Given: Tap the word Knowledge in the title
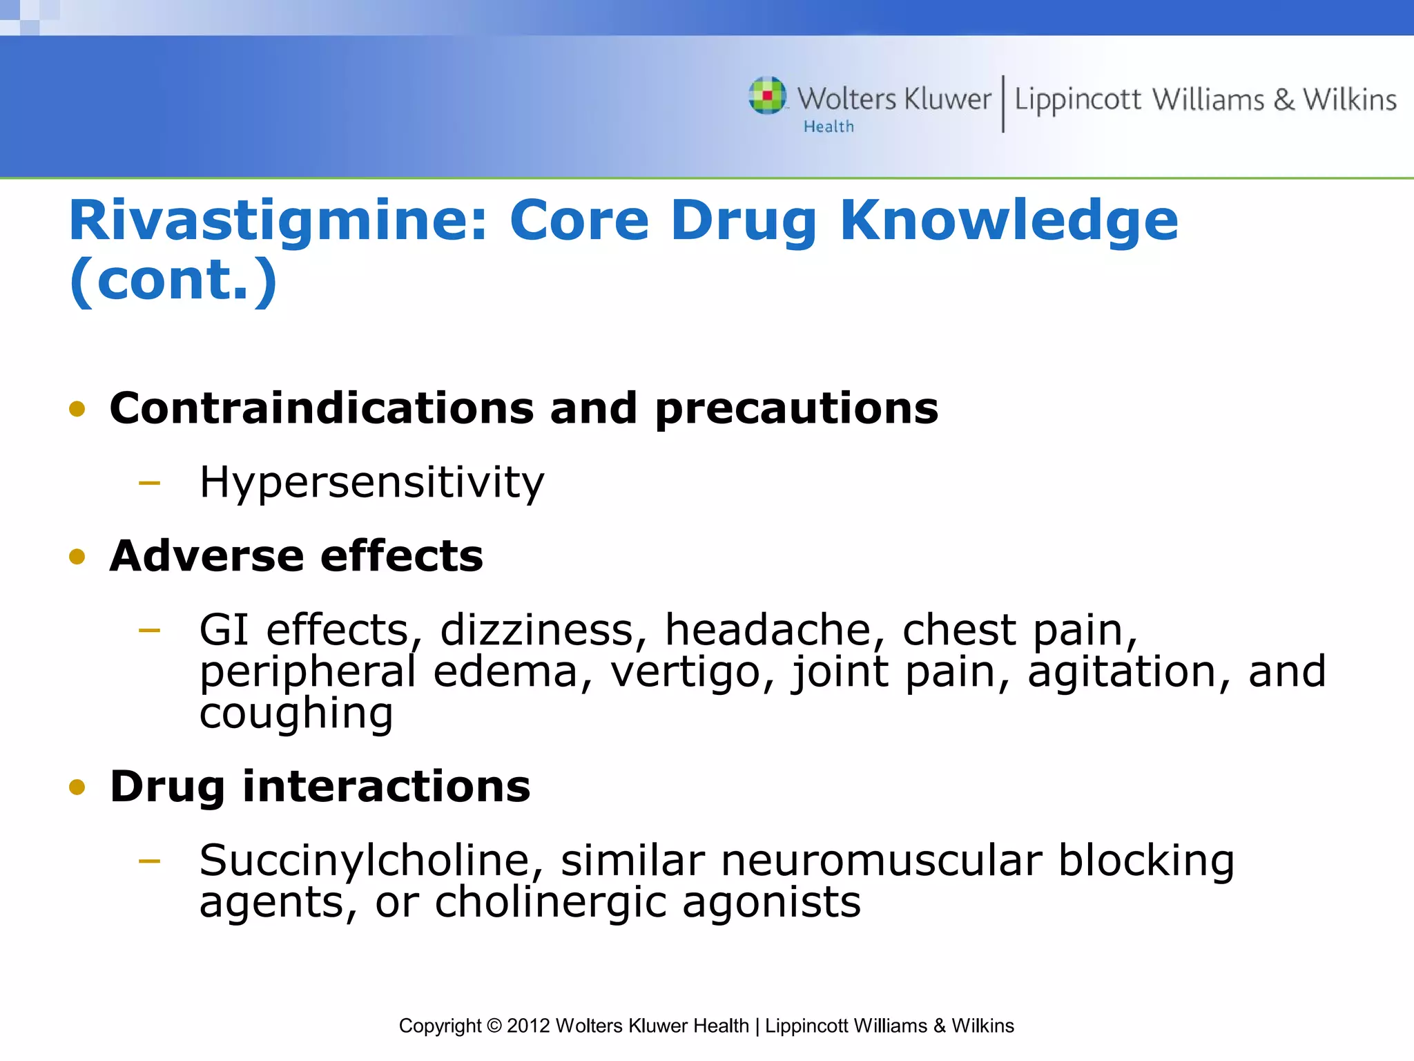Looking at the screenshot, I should tap(1009, 221).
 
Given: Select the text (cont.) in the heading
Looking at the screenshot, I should tap(173, 280).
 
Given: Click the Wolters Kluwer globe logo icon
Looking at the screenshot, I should tap(767, 95).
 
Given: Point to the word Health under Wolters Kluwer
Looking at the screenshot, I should tap(829, 127).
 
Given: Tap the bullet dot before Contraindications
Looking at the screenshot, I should tap(77, 409).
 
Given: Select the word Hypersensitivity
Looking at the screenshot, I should tap(371, 482).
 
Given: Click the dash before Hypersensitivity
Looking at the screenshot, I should tap(149, 483).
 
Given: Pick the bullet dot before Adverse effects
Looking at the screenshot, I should tap(77, 557).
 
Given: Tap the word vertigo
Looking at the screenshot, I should tap(691, 672).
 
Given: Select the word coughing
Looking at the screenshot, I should tap(296, 714).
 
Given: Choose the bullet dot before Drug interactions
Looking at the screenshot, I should tap(77, 787).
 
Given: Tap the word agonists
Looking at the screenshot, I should tap(771, 903).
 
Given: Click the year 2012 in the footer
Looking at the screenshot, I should tap(528, 1026).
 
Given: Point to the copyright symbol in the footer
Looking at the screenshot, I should tap(494, 1026).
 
